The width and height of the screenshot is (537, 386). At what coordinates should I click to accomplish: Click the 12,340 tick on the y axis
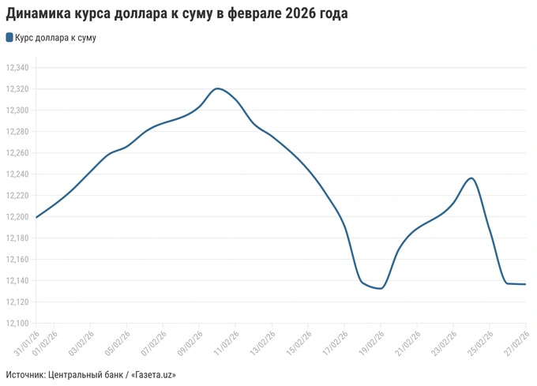click(17, 68)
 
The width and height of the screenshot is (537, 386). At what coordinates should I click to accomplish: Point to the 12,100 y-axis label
click(17, 323)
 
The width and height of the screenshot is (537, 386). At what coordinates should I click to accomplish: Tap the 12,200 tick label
click(17, 216)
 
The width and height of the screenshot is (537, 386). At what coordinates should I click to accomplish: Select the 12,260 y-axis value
click(17, 153)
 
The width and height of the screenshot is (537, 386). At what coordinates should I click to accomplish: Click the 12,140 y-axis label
click(17, 280)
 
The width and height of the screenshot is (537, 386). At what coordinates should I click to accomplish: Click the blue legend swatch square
click(9, 37)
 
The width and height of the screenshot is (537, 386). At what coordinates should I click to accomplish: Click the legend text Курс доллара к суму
click(55, 37)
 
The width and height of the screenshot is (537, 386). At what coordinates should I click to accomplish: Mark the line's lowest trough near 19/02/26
click(380, 288)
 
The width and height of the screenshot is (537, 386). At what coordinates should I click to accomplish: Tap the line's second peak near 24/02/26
click(471, 178)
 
